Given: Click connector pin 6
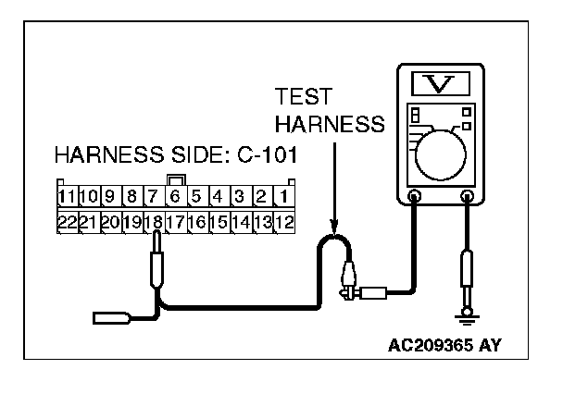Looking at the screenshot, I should pyautogui.click(x=175, y=197).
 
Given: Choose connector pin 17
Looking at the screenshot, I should pyautogui.click(x=175, y=222).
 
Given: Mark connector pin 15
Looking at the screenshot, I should pyautogui.click(x=219, y=222).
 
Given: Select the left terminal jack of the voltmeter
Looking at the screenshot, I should pyautogui.click(x=414, y=196).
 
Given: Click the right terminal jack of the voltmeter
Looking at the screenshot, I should pyautogui.click(x=468, y=196).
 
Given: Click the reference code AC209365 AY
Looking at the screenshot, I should pyautogui.click(x=447, y=348).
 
